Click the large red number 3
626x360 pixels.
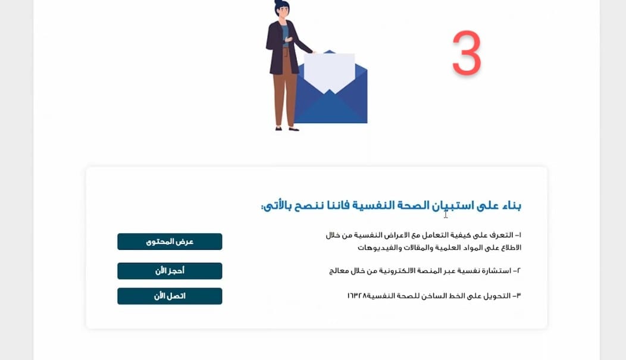[x=467, y=53]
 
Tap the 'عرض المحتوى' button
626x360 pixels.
[x=170, y=242]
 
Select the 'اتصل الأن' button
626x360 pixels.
[x=170, y=296]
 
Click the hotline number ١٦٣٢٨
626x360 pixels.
[x=357, y=296]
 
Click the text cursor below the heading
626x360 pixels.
[x=446, y=214]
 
